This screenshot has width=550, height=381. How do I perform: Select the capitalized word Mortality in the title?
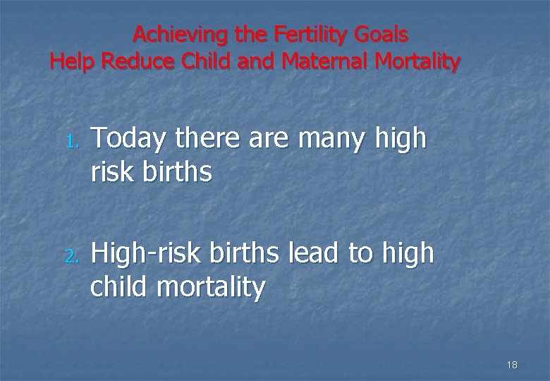tap(418, 62)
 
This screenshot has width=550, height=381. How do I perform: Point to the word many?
tap(331, 139)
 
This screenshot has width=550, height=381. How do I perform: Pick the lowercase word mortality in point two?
tap(212, 287)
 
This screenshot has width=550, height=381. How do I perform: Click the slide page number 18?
tap(512, 365)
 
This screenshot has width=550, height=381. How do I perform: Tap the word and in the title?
tap(258, 62)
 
